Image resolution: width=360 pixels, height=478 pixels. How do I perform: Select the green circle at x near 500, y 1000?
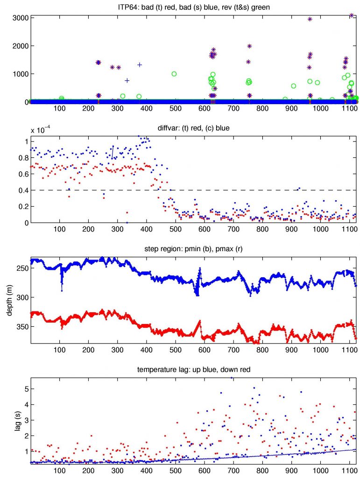tap(174, 74)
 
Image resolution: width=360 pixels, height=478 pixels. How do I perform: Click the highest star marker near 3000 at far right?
tap(352, 15)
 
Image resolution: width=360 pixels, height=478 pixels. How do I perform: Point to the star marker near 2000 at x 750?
tap(249, 46)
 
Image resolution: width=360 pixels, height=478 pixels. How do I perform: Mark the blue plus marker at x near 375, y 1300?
tap(139, 65)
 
